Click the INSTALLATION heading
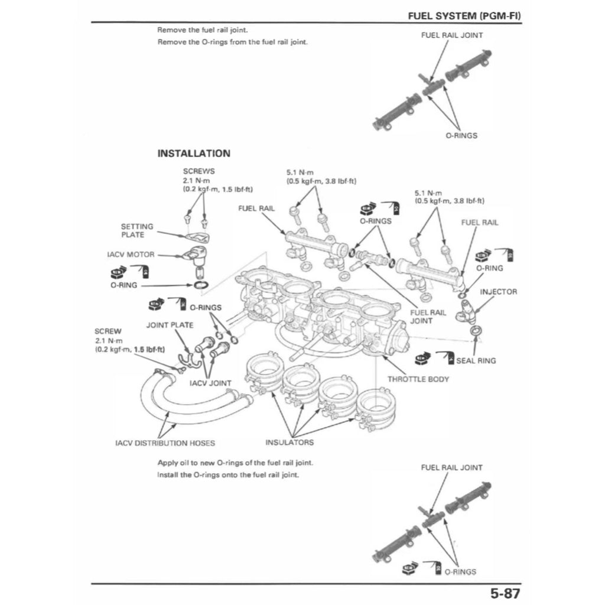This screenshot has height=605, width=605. tap(193, 153)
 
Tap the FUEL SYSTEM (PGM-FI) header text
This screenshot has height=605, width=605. tap(464, 15)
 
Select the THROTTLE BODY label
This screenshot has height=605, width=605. tap(418, 379)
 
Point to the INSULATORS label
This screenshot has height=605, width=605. tap(290, 442)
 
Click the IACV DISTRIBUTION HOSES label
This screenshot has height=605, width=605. tap(165, 443)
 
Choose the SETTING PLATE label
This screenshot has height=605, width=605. tap(137, 230)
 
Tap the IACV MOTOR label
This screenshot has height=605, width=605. tap(131, 255)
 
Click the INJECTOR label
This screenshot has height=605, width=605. tap(498, 292)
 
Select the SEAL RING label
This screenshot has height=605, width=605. tap(476, 360)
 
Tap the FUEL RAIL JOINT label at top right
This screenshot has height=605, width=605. tap(452, 35)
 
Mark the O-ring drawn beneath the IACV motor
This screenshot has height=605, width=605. tap(201, 286)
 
